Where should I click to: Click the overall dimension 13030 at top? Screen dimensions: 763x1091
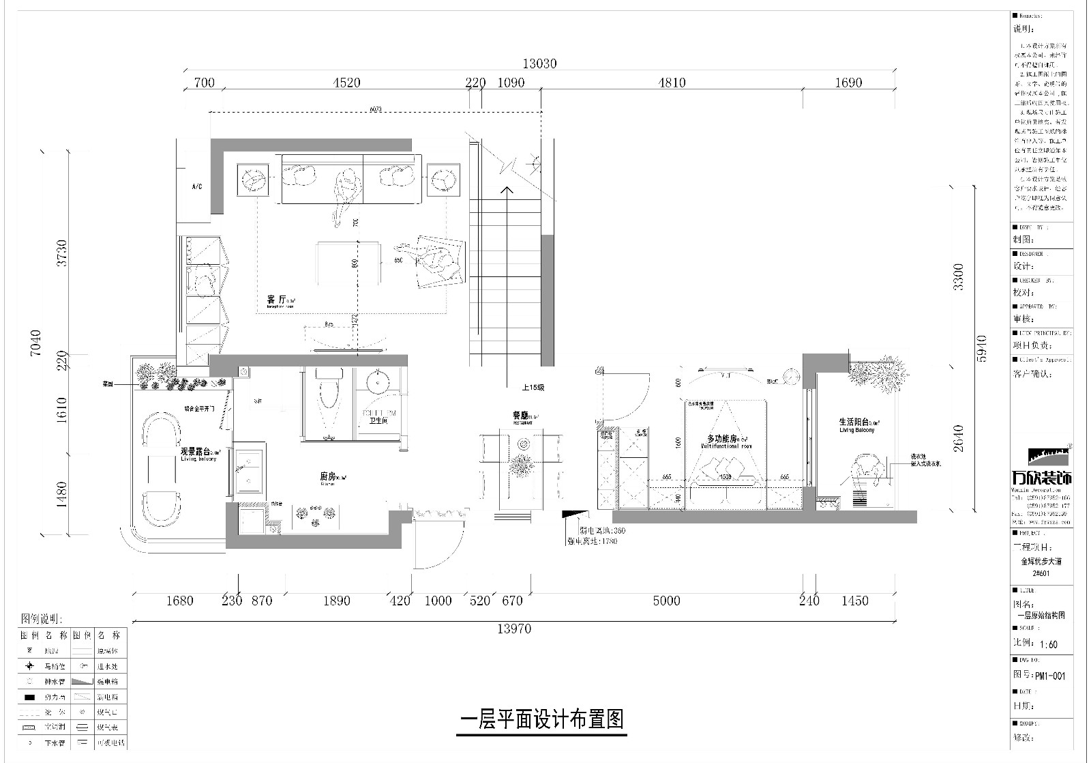point(540,63)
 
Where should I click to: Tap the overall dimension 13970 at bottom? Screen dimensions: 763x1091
point(513,629)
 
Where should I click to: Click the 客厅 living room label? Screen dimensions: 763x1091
point(275,300)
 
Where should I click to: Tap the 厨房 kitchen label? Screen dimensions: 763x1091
point(328,477)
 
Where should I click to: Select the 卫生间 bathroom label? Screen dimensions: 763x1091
point(378,421)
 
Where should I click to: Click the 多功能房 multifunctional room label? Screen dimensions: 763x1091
point(723,439)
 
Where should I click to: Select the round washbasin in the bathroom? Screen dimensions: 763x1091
point(378,382)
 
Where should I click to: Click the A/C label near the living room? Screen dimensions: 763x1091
point(197,186)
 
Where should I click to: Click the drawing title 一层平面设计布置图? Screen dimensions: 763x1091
point(542,719)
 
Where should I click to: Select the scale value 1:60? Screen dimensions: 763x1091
point(1048,644)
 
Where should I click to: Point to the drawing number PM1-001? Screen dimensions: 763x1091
point(1049,676)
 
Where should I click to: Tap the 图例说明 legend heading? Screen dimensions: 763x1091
point(42,619)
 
